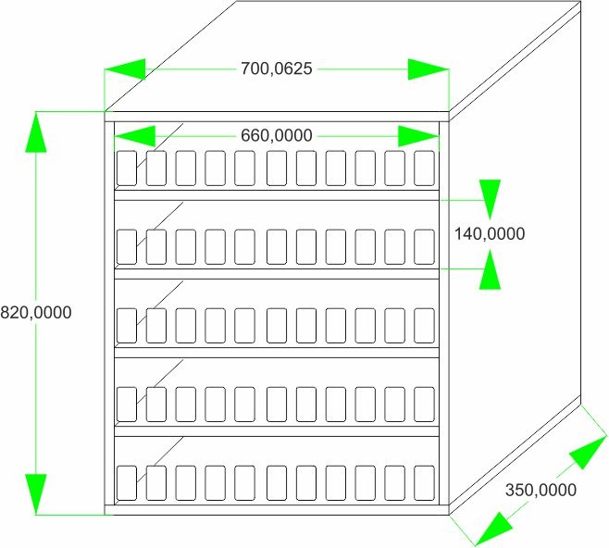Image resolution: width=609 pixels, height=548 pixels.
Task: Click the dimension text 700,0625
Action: pos(277,68)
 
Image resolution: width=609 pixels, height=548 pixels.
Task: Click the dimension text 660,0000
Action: pos(277,135)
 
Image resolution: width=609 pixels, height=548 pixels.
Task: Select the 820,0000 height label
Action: pos(36,312)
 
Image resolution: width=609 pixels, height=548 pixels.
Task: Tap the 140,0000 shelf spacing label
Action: pos(490,234)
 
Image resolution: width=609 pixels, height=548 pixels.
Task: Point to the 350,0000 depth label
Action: pos(541,490)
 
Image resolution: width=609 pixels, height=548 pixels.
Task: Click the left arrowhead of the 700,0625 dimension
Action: pos(125,69)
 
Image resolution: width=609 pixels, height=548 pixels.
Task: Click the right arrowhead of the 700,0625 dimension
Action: pos(429,69)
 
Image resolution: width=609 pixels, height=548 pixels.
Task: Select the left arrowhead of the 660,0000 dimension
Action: pos(135,136)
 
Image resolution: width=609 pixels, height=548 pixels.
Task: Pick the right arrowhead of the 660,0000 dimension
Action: pos(418,136)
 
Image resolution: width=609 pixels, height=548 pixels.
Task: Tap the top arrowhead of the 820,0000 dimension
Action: pos(36,132)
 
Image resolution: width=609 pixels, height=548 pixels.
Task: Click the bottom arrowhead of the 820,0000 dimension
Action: pos(36,494)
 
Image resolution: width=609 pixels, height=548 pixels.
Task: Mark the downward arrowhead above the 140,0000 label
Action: pos(490,200)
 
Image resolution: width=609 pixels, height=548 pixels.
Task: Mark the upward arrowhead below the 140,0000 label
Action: pos(490,269)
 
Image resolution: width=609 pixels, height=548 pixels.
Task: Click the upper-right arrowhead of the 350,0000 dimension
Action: pos(588,452)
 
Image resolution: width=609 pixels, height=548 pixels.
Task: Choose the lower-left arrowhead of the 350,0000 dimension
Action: pos(493,529)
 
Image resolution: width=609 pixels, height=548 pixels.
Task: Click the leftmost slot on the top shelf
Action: pos(127,168)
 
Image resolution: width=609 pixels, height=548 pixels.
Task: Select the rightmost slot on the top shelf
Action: pos(424,168)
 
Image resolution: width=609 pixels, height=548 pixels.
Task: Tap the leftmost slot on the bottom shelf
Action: pos(127,483)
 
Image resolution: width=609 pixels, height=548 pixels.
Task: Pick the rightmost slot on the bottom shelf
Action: pos(424,483)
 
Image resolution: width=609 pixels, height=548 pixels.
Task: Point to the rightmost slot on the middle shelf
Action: pos(424,326)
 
